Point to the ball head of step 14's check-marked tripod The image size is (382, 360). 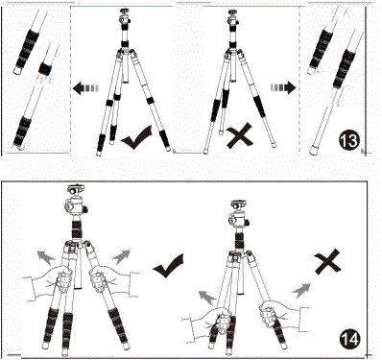point(74,204)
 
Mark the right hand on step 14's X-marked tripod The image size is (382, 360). point(271,314)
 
